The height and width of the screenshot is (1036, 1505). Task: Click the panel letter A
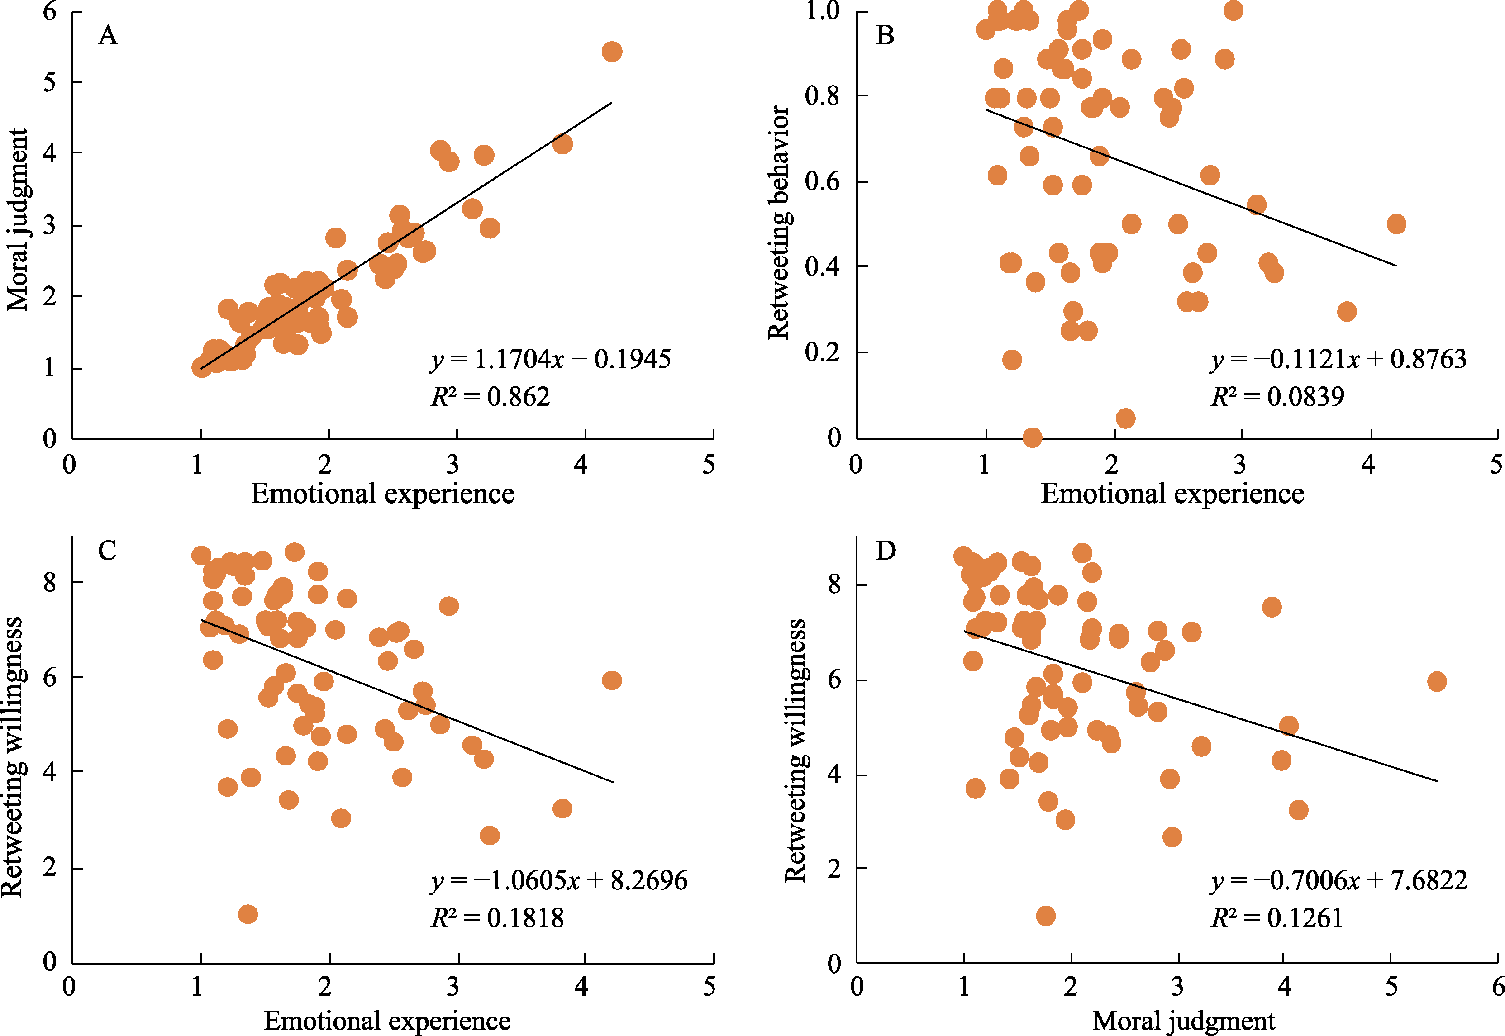[x=108, y=35]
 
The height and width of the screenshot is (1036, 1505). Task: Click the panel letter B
[x=885, y=35]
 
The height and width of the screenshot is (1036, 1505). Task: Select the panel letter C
[x=107, y=551]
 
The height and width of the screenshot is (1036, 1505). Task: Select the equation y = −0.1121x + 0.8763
[x=1339, y=359]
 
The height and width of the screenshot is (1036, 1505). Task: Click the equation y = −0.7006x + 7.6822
[x=1339, y=880]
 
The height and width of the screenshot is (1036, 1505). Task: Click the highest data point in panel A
[x=612, y=51]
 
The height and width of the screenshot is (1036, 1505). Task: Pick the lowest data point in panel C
[x=248, y=914]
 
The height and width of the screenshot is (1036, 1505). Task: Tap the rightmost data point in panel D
[x=1437, y=681]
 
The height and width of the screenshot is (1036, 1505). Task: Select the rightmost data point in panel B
[x=1396, y=224]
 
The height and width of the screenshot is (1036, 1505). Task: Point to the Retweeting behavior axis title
[x=778, y=223]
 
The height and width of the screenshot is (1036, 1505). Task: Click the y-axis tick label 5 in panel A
[x=50, y=82]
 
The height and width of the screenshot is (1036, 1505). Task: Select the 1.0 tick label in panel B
[x=822, y=11]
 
